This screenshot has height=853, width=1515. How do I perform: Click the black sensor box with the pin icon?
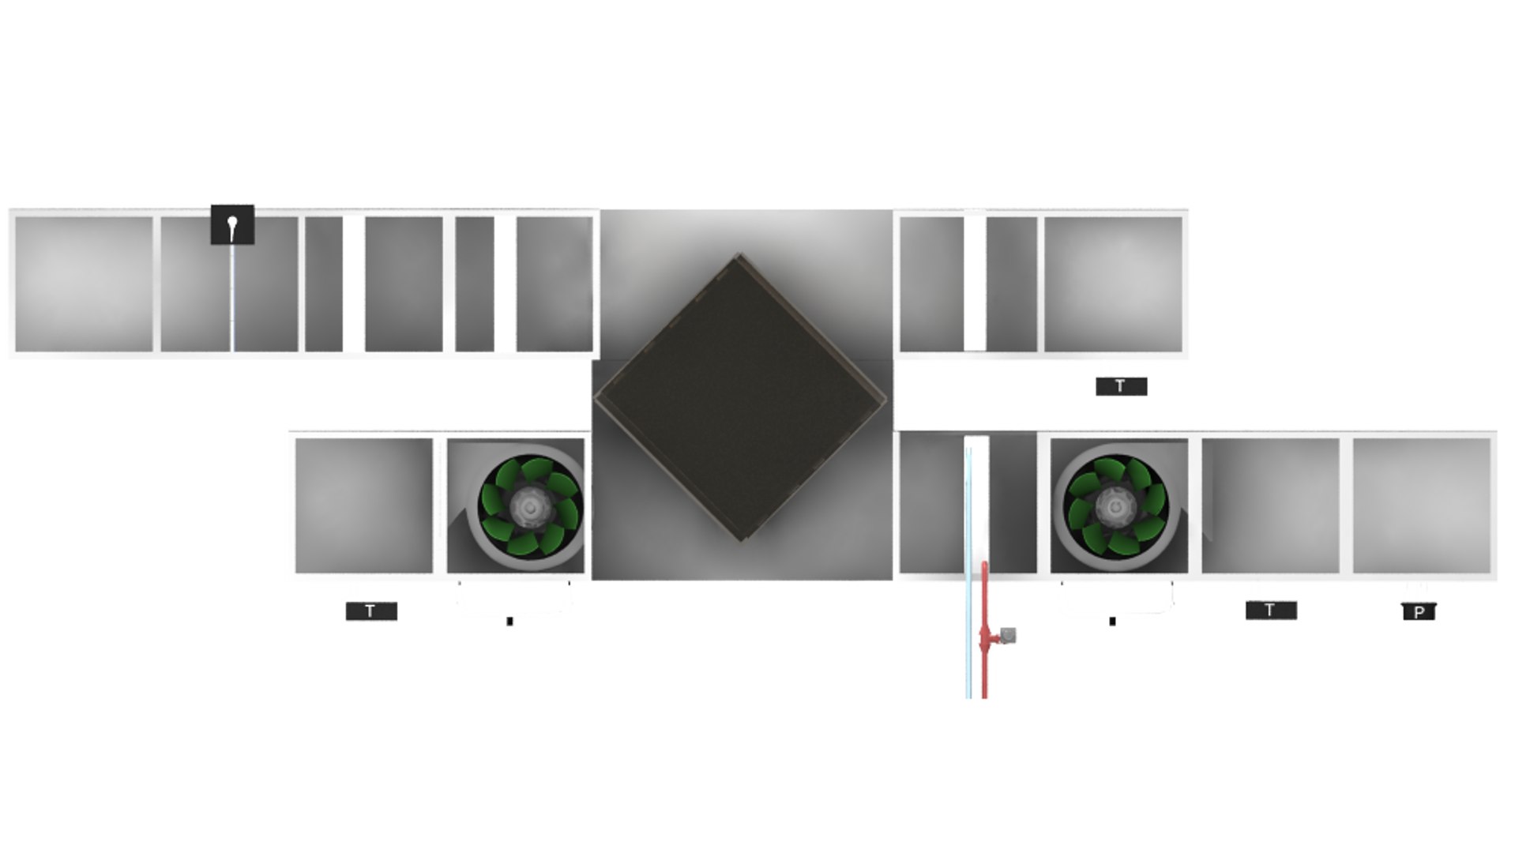pos(232,225)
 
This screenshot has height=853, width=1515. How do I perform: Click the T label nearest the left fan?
pos(371,611)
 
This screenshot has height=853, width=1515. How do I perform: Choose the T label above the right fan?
pos(1121,386)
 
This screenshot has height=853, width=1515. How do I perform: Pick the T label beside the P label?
pos(1270,610)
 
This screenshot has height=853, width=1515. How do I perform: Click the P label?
pos(1419,612)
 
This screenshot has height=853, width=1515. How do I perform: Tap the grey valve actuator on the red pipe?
pos(1008,635)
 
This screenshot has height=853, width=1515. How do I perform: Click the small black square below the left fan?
pos(509,622)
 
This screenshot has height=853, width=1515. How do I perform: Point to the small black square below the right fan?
pos(1112,621)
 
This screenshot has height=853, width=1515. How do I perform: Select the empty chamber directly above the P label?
pos(1421,505)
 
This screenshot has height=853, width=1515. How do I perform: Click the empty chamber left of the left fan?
pos(363,505)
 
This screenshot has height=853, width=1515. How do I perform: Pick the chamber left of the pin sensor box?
pos(84,284)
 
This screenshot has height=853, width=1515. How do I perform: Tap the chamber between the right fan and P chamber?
pos(1270,505)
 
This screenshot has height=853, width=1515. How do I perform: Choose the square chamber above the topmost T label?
pos(1113,284)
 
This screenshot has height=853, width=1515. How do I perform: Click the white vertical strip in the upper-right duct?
pos(975,284)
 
